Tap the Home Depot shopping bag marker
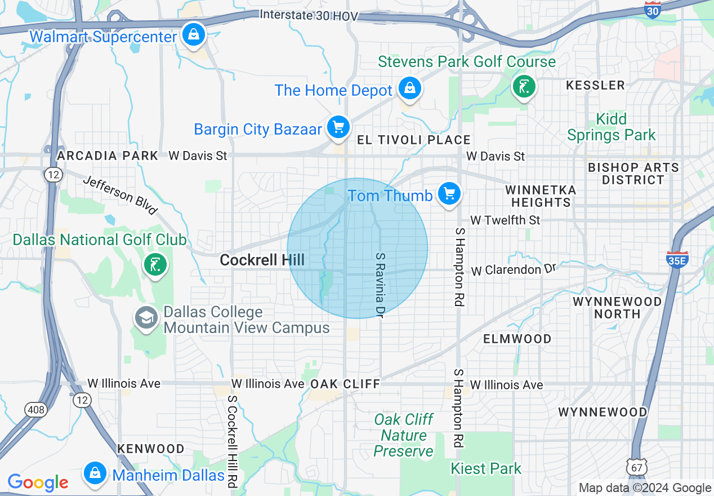tap(410, 88)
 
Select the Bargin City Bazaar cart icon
tap(338, 127)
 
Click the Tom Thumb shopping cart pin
tap(449, 194)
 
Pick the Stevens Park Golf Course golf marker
tap(524, 87)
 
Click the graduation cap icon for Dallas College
tap(146, 318)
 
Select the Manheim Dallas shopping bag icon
tap(95, 473)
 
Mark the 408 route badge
tap(36, 410)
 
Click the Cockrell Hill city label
tap(262, 260)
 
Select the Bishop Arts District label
tap(633, 174)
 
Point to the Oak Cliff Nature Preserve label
tap(404, 435)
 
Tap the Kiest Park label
tap(486, 468)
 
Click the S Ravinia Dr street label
tap(380, 285)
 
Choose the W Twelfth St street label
tap(505, 220)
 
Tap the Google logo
tap(38, 482)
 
